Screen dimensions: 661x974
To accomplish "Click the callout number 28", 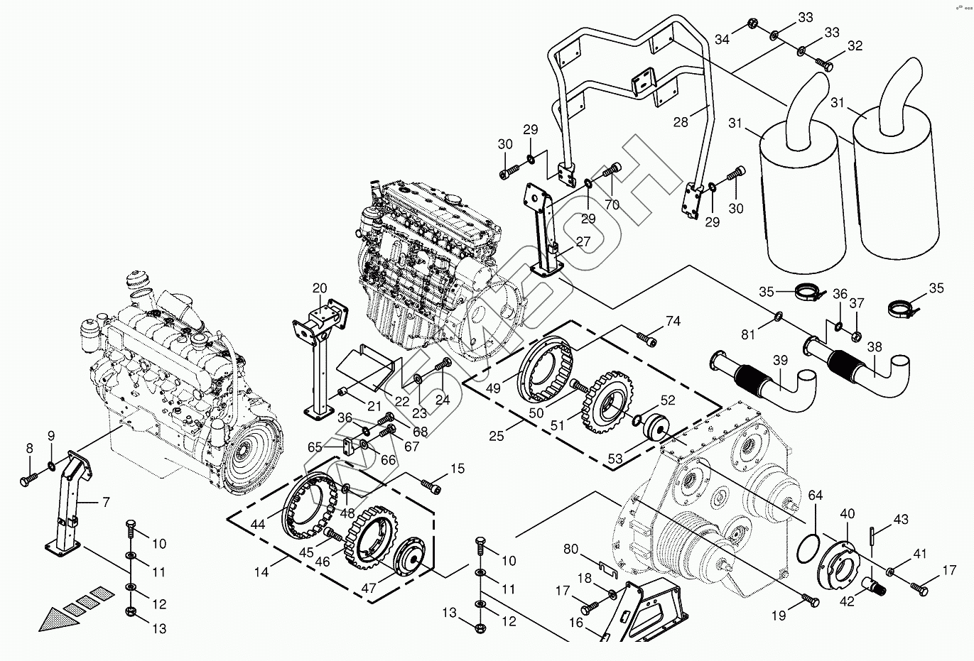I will coord(681,123).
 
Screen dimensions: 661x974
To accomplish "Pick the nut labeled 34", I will coord(752,26).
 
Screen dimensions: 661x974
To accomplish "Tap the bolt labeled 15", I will coord(431,486).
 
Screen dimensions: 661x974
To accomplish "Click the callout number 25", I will coord(496,435).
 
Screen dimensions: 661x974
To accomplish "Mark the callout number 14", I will coord(261,572).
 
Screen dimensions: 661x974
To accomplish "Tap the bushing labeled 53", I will coord(659,427).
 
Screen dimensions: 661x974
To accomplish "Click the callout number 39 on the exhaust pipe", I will coord(781,361).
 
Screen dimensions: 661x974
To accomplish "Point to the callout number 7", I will coord(105,503).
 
